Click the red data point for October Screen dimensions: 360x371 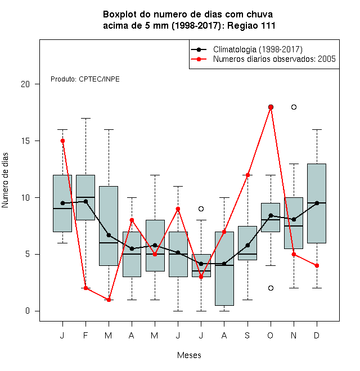point(271,107)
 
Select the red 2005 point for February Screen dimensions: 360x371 point(85,288)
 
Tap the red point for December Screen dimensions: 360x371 point(317,265)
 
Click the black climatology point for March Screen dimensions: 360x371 point(109,235)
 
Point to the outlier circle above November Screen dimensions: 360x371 point(294,107)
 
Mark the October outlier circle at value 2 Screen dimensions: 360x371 point(271,288)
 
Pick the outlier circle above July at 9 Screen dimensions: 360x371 point(201,209)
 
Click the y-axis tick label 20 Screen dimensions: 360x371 point(25,84)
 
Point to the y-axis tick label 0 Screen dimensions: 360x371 point(28,311)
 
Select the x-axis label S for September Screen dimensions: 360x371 point(247,335)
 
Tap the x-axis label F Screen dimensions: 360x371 point(85,335)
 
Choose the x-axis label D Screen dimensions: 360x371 point(317,335)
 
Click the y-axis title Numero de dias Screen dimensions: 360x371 point(5,180)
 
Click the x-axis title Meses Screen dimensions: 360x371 point(189,355)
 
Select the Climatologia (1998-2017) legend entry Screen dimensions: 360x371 point(246,49)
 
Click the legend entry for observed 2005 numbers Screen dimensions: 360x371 point(263,59)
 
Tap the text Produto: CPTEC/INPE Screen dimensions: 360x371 point(85,79)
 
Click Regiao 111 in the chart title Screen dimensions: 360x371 point(251,25)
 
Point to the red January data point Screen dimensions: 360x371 point(62,141)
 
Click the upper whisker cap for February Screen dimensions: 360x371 point(85,118)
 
